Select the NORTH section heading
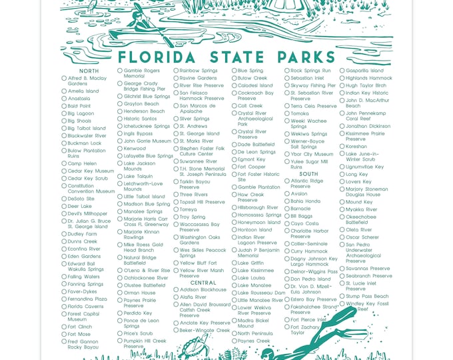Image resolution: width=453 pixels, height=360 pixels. pos(89,71)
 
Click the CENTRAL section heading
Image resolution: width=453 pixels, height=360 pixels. pos(203,283)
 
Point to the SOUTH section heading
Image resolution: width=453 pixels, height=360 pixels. pos(308,173)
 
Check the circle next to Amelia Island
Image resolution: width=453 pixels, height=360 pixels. pos(64,91)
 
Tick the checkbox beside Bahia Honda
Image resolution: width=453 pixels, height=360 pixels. pos(287,201)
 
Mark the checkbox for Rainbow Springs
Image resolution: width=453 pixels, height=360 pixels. pos(177,71)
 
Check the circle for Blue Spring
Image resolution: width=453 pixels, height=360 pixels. pos(234,71)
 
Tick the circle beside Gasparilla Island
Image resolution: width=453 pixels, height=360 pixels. pos(342,71)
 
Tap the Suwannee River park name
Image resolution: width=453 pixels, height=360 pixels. pos(198,161)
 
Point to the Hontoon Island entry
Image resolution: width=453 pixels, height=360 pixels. pos(254,230)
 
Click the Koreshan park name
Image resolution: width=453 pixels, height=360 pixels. pos(356,146)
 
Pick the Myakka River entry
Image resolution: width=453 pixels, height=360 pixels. pos(361,209)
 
